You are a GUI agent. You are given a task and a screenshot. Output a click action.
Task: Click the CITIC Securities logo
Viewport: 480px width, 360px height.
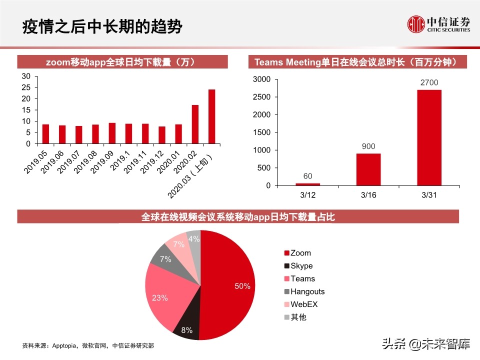[x=438, y=24]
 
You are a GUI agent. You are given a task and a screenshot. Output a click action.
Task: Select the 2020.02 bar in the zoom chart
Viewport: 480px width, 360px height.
[x=195, y=124]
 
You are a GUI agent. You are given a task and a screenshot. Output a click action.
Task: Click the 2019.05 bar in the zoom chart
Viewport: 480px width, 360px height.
[x=45, y=133]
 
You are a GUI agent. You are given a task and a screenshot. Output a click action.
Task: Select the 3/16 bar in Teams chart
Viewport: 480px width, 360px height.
[x=368, y=169]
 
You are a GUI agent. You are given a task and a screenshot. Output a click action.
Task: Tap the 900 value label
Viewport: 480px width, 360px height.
[x=368, y=146]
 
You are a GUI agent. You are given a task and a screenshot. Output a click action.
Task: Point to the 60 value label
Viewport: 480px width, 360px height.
[x=307, y=176]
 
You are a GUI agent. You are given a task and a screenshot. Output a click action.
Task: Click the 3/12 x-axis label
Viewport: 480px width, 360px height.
[x=307, y=194]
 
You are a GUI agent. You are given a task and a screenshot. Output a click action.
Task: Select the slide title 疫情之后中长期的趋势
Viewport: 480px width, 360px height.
[x=102, y=26]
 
